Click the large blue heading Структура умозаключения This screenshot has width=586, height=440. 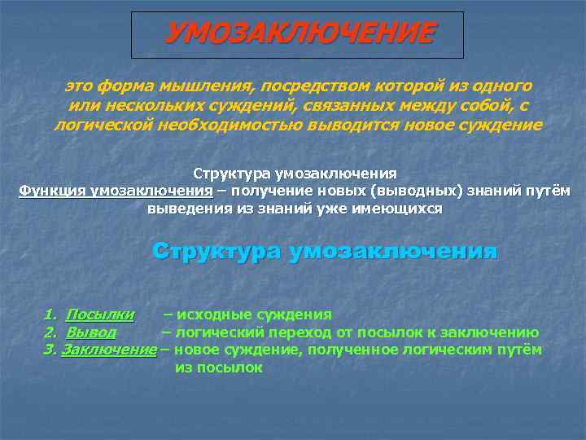coord(324,251)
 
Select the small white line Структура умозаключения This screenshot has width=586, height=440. coord(295,174)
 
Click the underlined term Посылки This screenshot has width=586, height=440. coord(100,314)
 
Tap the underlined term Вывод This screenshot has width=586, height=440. coord(91,332)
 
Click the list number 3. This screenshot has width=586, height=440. coord(48,350)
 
